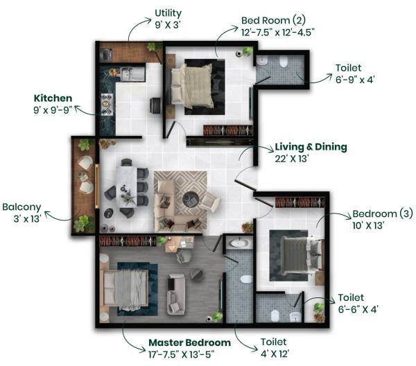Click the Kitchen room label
coord(52,98)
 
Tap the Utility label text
coord(168,12)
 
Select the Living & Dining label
coord(311,147)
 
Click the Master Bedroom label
coord(189,343)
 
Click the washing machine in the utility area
coord(107,53)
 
